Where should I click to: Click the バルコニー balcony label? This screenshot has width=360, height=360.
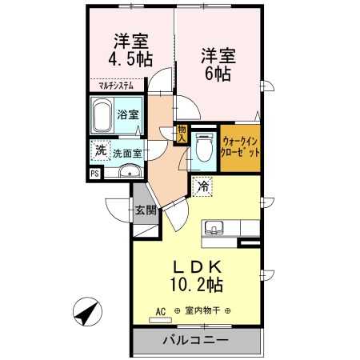coord(196,339)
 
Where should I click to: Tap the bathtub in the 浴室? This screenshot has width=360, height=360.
coord(102,118)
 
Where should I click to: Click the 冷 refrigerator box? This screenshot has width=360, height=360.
coord(203,186)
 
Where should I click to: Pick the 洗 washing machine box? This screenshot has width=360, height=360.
coord(100,150)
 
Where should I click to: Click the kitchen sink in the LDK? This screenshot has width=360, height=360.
coord(214,227)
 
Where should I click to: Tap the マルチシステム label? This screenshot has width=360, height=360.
coord(117,84)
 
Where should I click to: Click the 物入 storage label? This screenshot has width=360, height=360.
coord(182,134)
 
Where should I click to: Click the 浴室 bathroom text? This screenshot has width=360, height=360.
coord(126,114)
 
